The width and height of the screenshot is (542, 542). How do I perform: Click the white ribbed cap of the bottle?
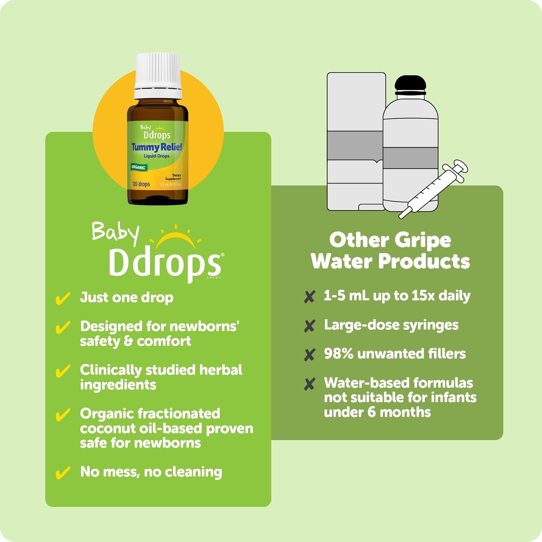[x=158, y=76]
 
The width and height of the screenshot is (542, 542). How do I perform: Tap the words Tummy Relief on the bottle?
[x=157, y=147]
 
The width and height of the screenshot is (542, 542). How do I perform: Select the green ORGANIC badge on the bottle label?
[x=138, y=167]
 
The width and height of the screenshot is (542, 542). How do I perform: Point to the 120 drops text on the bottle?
[x=141, y=184]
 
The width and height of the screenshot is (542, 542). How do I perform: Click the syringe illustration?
[x=433, y=189]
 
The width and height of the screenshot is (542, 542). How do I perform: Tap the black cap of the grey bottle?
[x=410, y=85]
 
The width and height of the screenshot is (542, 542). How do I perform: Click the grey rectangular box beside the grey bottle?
[x=356, y=141]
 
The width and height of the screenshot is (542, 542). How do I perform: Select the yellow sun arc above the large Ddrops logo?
[x=176, y=239]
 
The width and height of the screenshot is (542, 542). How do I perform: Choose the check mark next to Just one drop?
[x=63, y=298]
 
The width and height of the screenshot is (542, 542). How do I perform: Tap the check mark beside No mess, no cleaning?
[x=63, y=473]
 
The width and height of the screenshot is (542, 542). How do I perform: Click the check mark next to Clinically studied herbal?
[x=63, y=371]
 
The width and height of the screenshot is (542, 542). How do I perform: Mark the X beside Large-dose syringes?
[x=310, y=326]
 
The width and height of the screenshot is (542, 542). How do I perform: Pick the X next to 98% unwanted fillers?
[x=310, y=355]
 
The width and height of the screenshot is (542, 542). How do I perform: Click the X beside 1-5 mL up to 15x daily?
[x=310, y=297]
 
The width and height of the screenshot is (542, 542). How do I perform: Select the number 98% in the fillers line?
[x=339, y=353]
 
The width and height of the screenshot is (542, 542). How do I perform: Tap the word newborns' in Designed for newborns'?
[x=204, y=326]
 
